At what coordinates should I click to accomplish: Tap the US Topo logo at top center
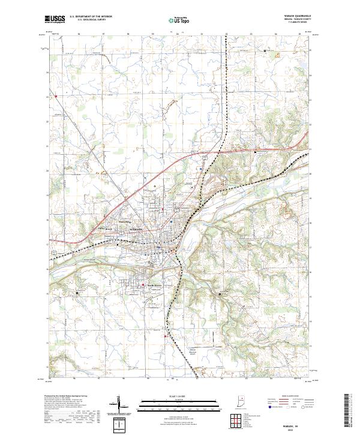(179, 20)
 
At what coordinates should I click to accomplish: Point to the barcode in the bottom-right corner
(347, 411)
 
